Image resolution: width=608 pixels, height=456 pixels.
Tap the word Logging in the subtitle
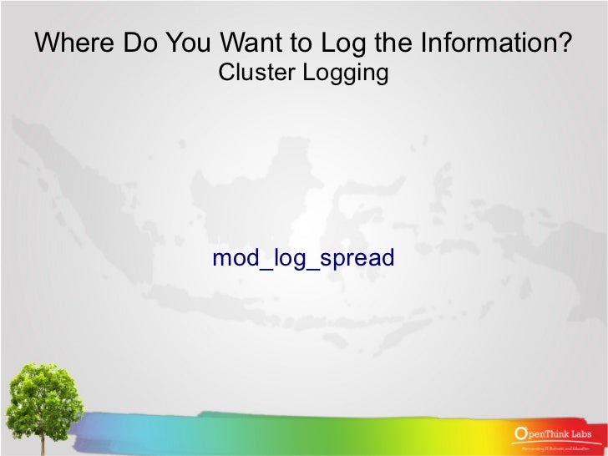(x=344, y=73)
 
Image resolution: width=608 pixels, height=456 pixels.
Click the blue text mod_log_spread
(x=303, y=258)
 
